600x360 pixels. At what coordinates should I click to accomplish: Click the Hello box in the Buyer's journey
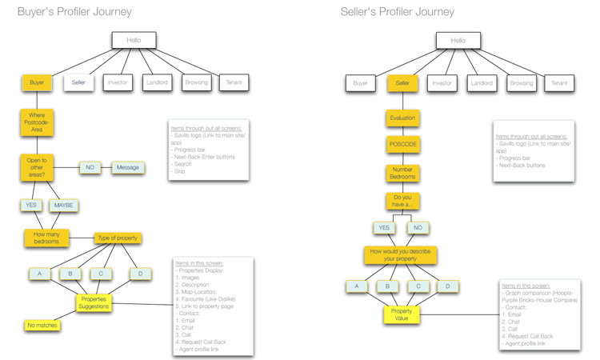point(134,40)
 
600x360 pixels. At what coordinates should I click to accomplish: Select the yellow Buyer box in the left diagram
point(37,82)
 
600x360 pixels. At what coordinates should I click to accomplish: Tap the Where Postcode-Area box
point(37,122)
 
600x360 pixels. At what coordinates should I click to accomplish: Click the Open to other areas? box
point(37,167)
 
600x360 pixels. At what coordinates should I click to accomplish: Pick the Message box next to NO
point(127,168)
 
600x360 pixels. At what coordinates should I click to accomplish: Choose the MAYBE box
point(63,206)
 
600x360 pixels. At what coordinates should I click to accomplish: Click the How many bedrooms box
point(46,238)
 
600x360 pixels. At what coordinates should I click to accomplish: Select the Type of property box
point(117,238)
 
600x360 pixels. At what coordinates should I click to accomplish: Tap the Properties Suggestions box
point(94,302)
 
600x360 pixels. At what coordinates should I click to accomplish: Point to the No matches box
point(42,326)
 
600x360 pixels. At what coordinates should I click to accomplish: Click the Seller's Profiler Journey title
point(397,12)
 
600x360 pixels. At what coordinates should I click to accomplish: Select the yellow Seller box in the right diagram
point(402,82)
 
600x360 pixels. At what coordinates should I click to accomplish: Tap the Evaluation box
point(402,118)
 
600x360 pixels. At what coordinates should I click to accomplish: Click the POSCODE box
point(402,145)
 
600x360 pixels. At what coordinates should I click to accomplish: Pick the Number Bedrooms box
point(402,173)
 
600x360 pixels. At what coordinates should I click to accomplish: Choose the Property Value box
point(402,314)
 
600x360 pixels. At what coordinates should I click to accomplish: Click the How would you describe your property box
point(400,255)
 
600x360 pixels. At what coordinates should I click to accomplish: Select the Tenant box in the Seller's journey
point(558,82)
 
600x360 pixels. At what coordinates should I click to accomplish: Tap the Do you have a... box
point(402,201)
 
